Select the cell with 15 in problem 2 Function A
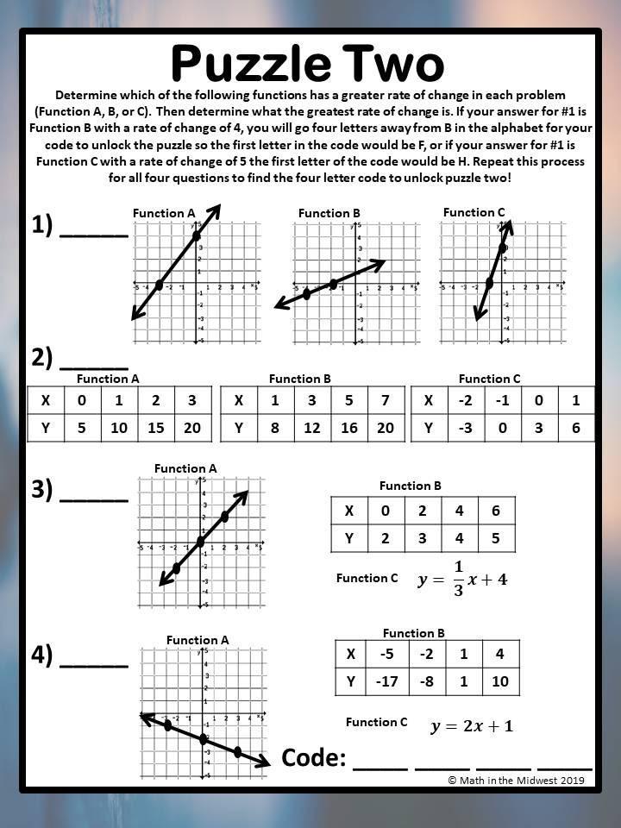pos(156,428)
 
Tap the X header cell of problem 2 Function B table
pos(239,400)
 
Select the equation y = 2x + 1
pos(472,726)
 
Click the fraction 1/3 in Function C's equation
pos(458,578)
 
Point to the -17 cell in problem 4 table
pos(387,682)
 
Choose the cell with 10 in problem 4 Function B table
pos(501,682)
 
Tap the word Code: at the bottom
pos(314,758)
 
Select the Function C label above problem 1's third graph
pos(474,212)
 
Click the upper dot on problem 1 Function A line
pos(196,235)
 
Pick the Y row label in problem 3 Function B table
pos(349,538)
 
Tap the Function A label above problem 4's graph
pos(198,640)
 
